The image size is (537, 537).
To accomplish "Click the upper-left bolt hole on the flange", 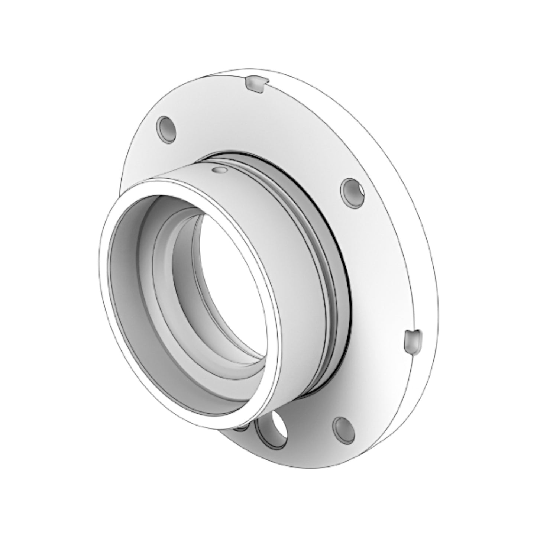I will [166, 129].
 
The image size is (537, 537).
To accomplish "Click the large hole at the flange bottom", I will [272, 428].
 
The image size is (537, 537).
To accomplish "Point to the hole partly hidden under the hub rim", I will [242, 427].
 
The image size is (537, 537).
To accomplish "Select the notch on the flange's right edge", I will [413, 340].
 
